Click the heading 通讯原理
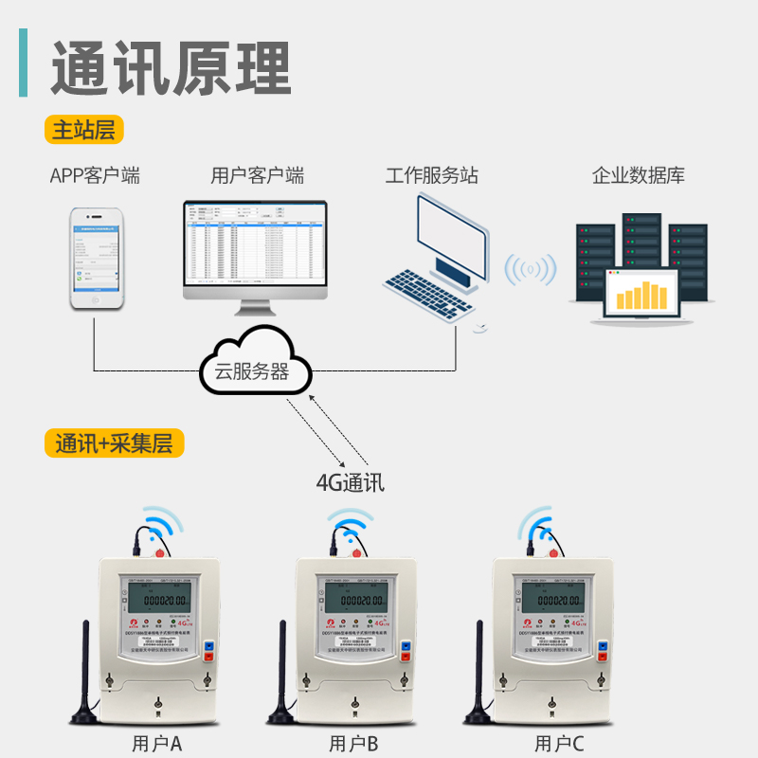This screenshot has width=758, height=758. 171,66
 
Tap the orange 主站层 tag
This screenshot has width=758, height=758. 83,130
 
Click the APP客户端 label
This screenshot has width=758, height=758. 95,176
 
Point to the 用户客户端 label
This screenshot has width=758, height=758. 257,176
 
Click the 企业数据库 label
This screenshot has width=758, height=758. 638,176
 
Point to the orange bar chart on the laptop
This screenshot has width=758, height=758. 642,296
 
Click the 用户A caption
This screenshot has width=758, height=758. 156,744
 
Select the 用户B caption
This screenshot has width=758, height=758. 353,744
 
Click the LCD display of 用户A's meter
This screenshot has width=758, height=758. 163,600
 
